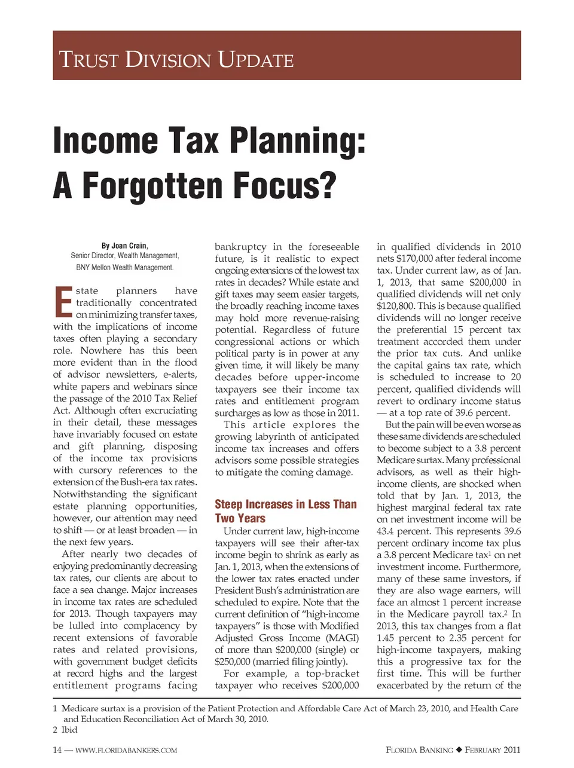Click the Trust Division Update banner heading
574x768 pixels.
coord(176,60)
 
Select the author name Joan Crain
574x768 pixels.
coord(129,246)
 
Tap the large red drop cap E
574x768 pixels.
coord(63,302)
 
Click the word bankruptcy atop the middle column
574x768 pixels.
coord(240,246)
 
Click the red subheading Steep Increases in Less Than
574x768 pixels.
coord(285,504)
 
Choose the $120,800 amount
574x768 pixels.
coord(394,305)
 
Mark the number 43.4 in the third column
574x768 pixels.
coord(386,531)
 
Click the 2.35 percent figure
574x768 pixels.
coord(457,638)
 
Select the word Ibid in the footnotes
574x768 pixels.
coord(69,730)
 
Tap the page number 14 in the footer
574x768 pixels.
coord(57,750)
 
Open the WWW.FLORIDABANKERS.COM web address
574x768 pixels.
coord(126,750)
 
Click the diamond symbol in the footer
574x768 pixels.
coord(459,750)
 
